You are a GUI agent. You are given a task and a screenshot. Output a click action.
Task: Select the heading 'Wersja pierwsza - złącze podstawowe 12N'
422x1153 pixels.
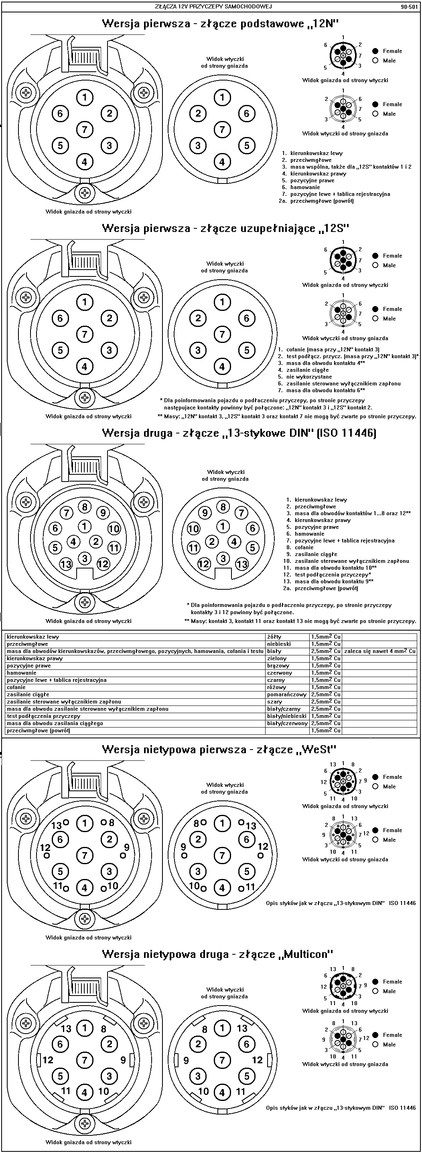click(x=220, y=24)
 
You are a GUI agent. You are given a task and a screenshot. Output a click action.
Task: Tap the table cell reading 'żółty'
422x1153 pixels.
click(x=274, y=637)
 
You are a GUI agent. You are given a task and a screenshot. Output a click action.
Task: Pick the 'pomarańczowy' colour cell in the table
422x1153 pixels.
click(x=287, y=694)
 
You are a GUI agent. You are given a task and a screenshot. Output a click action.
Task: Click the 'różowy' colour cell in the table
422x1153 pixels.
click(x=276, y=687)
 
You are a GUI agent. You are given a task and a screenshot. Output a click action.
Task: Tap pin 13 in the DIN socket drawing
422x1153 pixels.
click(x=66, y=564)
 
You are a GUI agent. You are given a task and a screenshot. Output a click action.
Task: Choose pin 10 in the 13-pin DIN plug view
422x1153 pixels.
click(x=193, y=528)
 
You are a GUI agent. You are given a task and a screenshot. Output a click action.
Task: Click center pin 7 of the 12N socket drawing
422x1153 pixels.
click(x=85, y=130)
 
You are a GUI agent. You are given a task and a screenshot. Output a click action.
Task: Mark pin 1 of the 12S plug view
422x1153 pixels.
click(x=222, y=302)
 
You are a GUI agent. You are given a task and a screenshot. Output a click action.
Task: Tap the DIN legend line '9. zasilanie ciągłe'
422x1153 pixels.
click(x=312, y=554)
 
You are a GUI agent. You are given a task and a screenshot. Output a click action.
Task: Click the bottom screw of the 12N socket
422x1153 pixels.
click(x=85, y=194)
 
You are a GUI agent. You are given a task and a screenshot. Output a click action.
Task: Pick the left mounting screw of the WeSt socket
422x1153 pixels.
click(x=27, y=818)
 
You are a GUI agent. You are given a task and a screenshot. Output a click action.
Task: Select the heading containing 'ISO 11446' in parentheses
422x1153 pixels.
click(x=239, y=433)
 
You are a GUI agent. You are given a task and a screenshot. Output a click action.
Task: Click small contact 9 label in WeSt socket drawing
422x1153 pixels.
click(x=127, y=847)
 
